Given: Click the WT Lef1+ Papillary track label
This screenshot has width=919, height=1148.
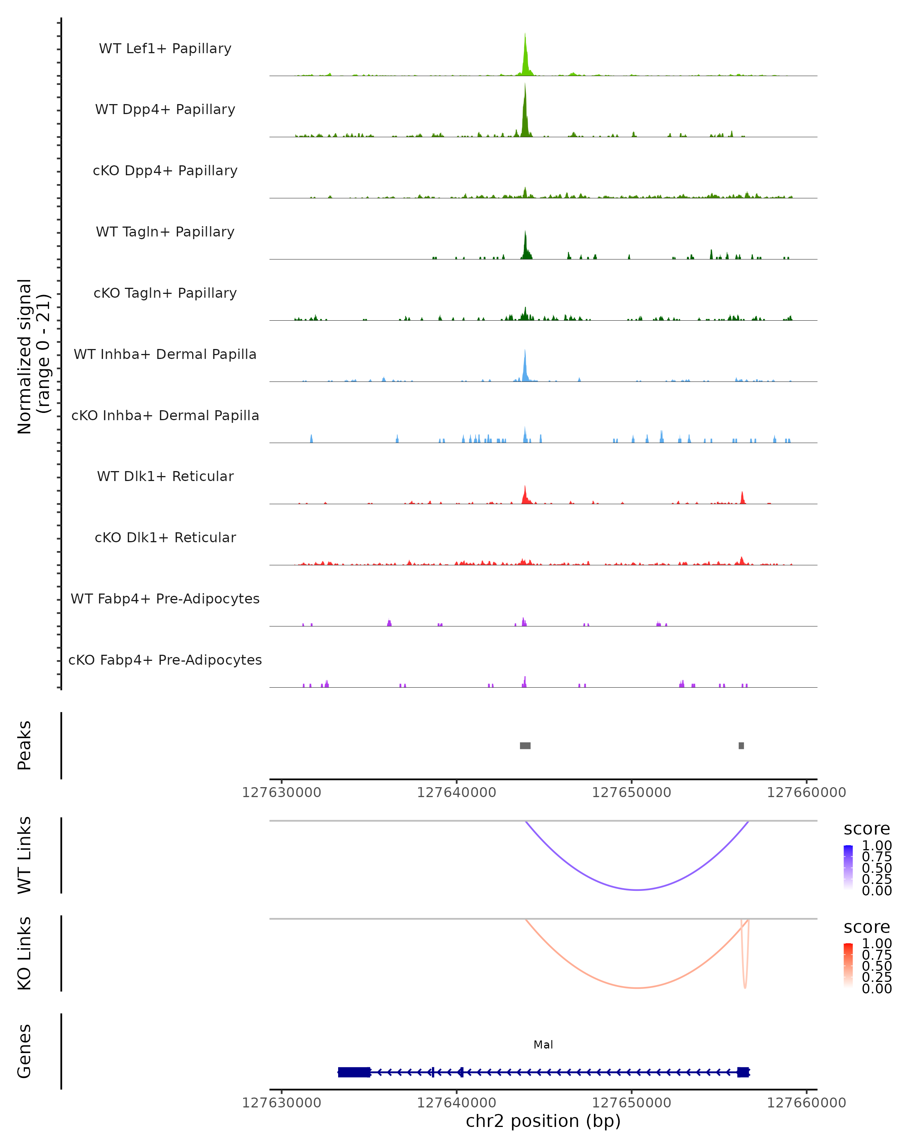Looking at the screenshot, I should click(165, 49).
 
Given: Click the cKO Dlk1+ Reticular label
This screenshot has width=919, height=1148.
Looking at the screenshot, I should click(165, 537).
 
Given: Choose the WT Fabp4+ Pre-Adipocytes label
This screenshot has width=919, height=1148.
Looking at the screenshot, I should click(165, 598).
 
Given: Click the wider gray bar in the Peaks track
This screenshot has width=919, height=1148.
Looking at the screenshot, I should click(525, 745).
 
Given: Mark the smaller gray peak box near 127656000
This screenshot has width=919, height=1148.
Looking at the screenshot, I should click(741, 745).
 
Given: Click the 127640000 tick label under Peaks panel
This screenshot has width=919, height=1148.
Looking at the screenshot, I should click(456, 793).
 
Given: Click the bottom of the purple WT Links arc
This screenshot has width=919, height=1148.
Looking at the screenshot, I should click(637, 890).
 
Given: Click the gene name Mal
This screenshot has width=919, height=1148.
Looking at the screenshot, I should click(543, 1045).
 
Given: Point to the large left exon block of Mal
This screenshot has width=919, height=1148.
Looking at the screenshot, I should click(354, 1072).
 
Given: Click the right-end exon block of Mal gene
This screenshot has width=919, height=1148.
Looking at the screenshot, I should click(743, 1072).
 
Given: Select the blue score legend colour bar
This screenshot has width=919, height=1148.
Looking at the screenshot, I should click(848, 867).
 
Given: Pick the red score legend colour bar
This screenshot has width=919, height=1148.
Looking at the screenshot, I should click(848, 965).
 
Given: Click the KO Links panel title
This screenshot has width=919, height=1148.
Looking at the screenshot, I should click(25, 953).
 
